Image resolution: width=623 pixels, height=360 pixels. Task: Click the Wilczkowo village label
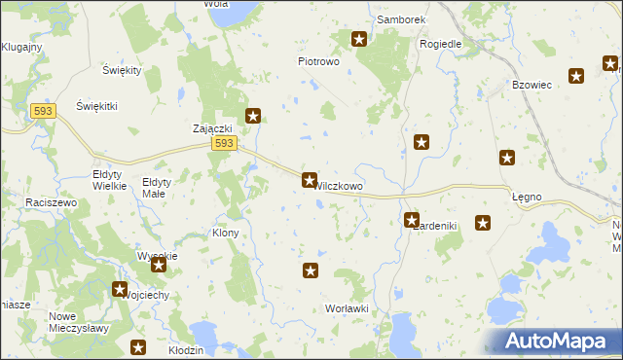340,186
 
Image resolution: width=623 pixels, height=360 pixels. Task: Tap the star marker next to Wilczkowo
310,180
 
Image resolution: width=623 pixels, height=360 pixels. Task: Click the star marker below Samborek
359,39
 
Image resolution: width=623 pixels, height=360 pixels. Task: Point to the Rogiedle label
440,44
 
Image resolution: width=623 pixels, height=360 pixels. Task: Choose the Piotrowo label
317,61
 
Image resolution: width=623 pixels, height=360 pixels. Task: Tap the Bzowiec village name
532,86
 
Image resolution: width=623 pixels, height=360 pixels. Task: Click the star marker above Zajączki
253,116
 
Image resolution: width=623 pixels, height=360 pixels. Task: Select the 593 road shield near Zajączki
224,144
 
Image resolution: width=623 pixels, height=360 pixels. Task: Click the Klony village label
225,234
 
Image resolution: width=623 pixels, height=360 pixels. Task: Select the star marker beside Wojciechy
120,289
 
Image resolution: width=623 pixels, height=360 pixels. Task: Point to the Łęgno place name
527,197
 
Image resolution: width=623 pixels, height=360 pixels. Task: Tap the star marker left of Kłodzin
137,347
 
